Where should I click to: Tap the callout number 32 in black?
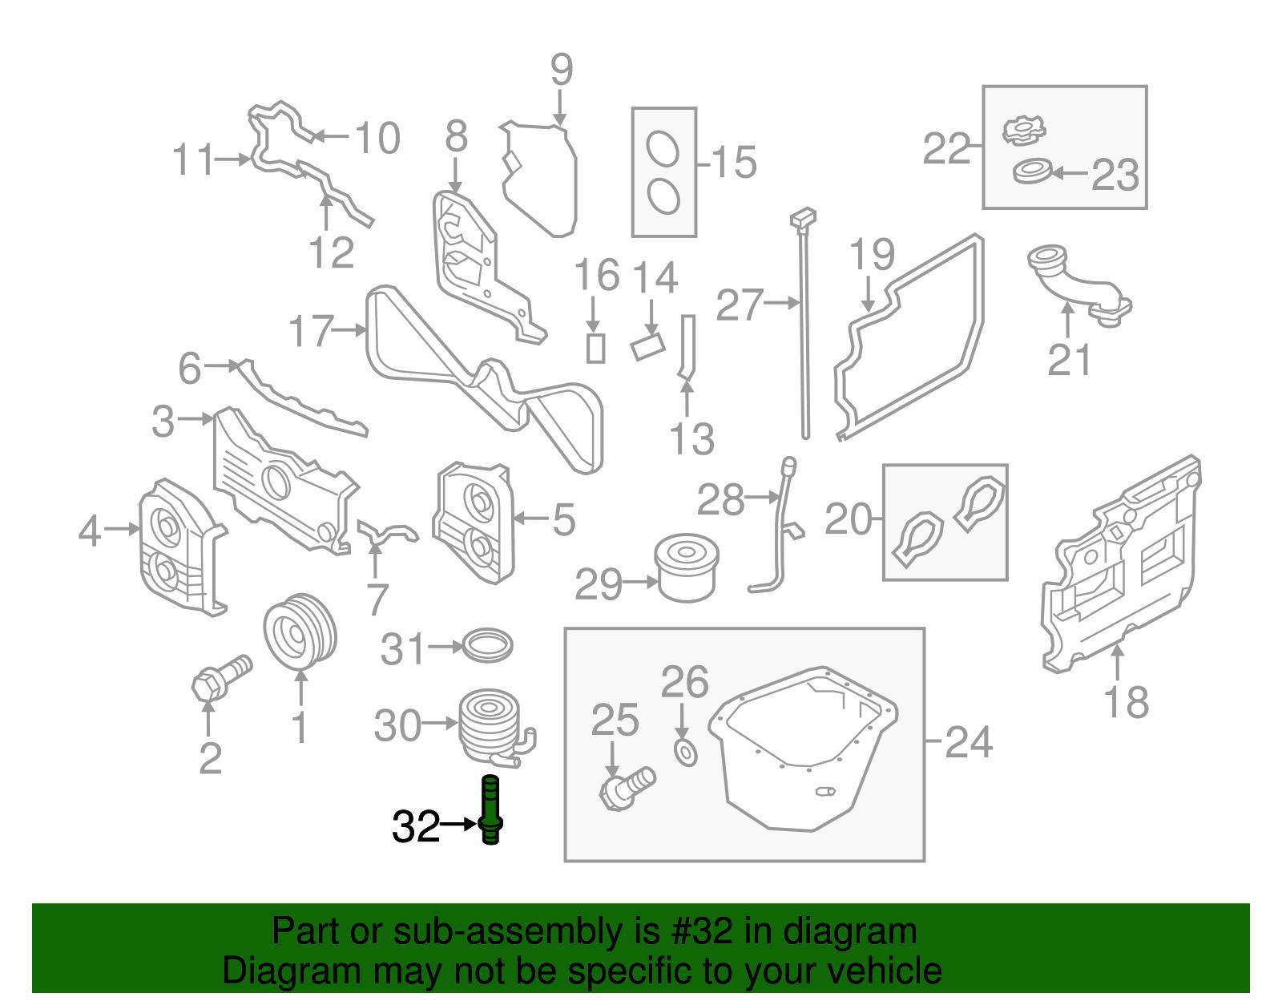[x=415, y=826]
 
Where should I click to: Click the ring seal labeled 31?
[x=488, y=644]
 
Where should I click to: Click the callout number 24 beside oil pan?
[x=969, y=742]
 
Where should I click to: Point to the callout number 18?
[x=1126, y=701]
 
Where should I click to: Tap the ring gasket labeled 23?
[x=1031, y=171]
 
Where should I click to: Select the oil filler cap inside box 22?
[x=1023, y=130]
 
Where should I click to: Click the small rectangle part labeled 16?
[x=595, y=348]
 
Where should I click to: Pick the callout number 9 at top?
[x=562, y=70]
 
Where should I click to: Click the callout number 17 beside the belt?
[x=309, y=330]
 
